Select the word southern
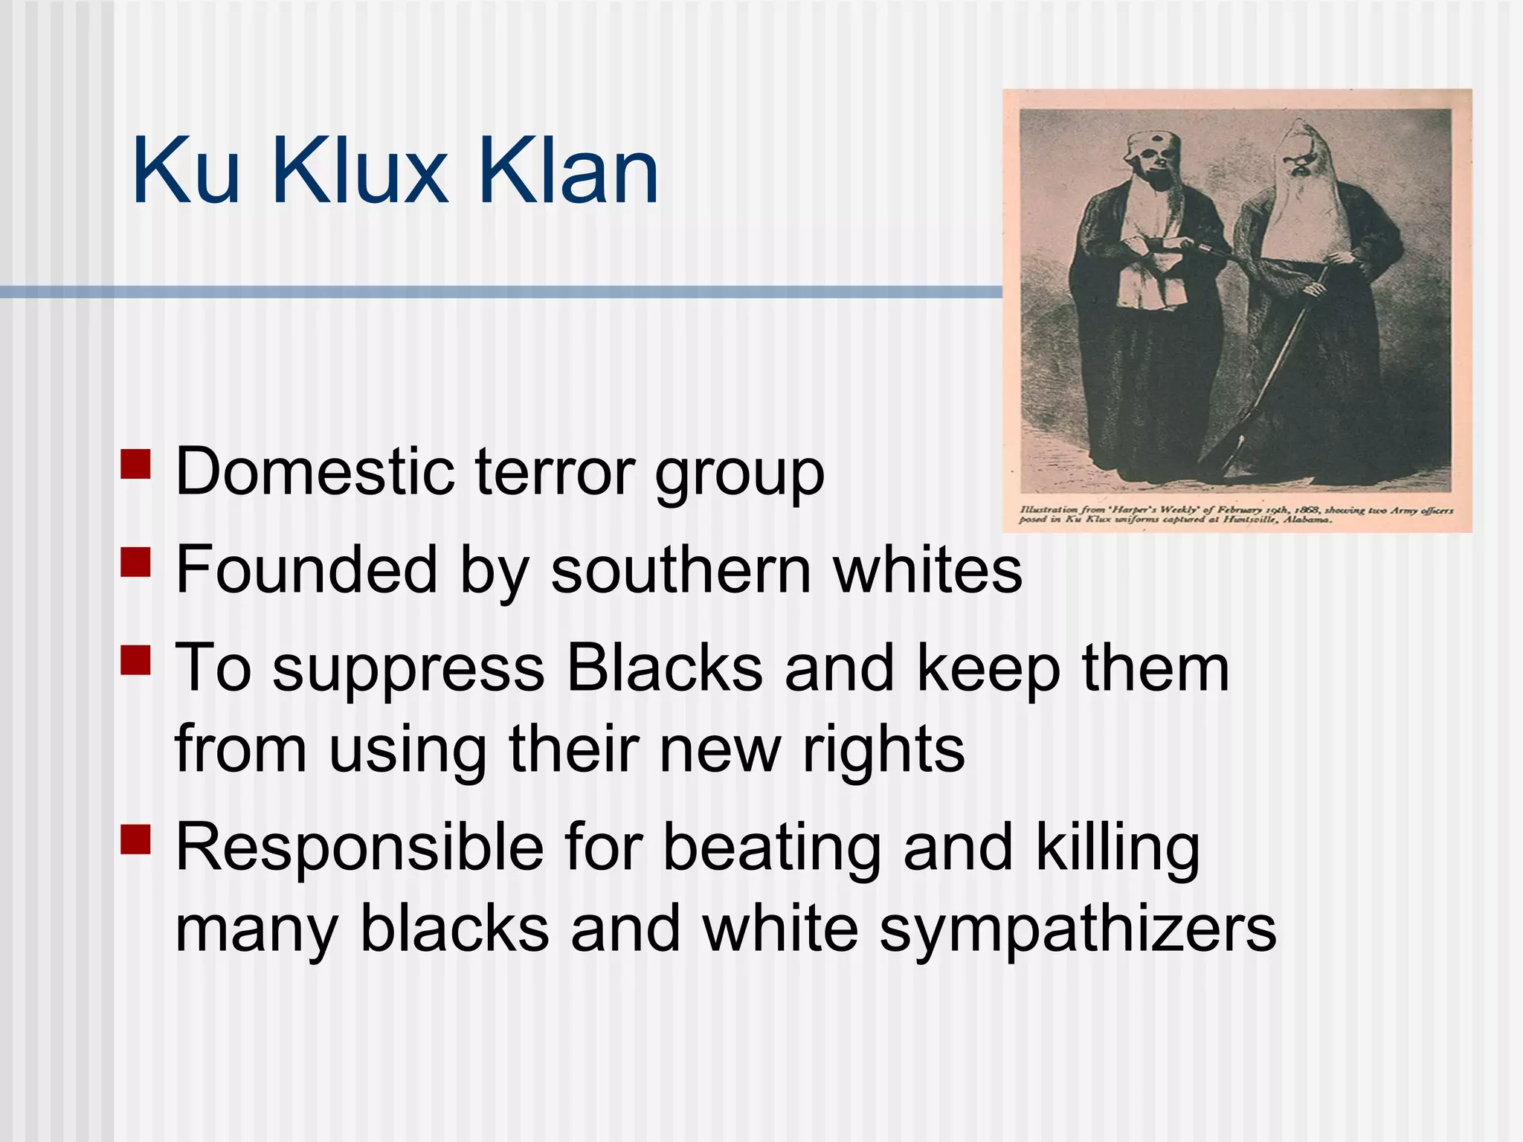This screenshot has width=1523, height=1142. coord(680,570)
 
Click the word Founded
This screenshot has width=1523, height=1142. coord(306,570)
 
